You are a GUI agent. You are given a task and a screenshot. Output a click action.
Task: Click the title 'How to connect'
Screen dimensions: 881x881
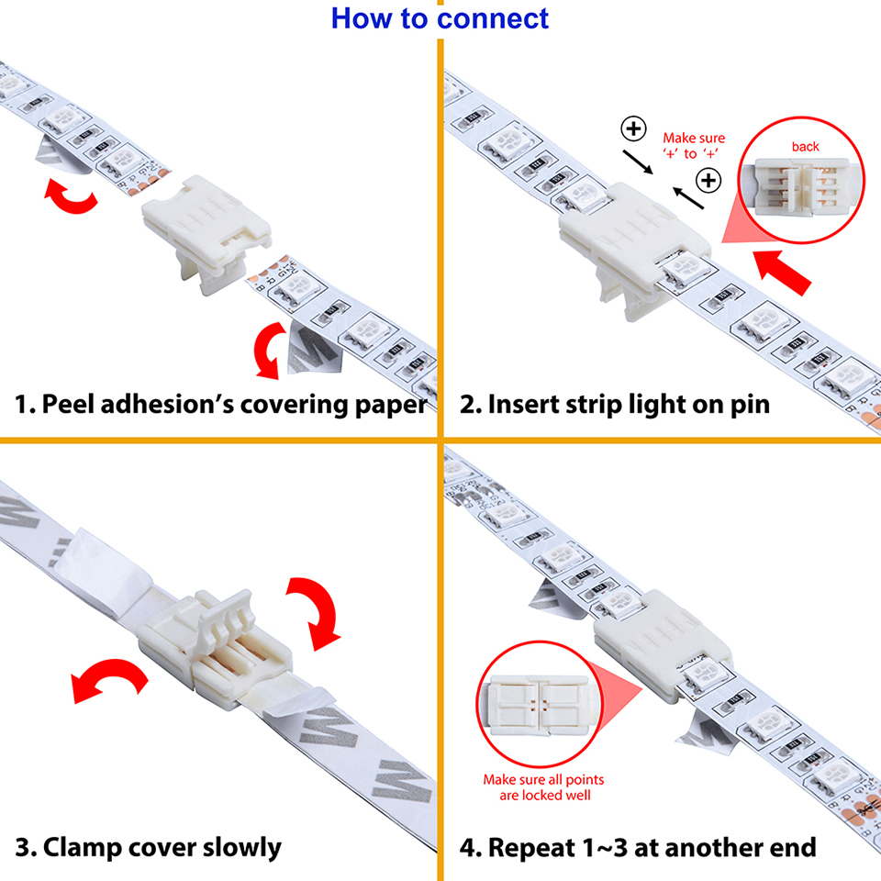click(440, 17)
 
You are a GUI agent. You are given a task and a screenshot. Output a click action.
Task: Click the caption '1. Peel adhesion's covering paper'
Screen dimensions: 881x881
click(221, 405)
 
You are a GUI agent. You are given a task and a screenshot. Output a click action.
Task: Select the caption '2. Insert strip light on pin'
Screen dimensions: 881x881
click(614, 405)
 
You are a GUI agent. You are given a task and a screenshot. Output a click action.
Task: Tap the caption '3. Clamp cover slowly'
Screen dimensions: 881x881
click(148, 846)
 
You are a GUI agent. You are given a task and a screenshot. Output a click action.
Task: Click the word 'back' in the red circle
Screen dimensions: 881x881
click(805, 147)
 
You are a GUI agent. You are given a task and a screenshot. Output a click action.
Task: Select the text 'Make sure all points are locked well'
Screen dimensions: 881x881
click(544, 787)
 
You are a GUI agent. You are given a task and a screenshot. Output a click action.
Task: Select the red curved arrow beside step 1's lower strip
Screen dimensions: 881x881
click(269, 352)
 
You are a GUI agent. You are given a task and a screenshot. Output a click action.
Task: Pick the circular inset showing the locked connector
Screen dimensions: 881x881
click(543, 706)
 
